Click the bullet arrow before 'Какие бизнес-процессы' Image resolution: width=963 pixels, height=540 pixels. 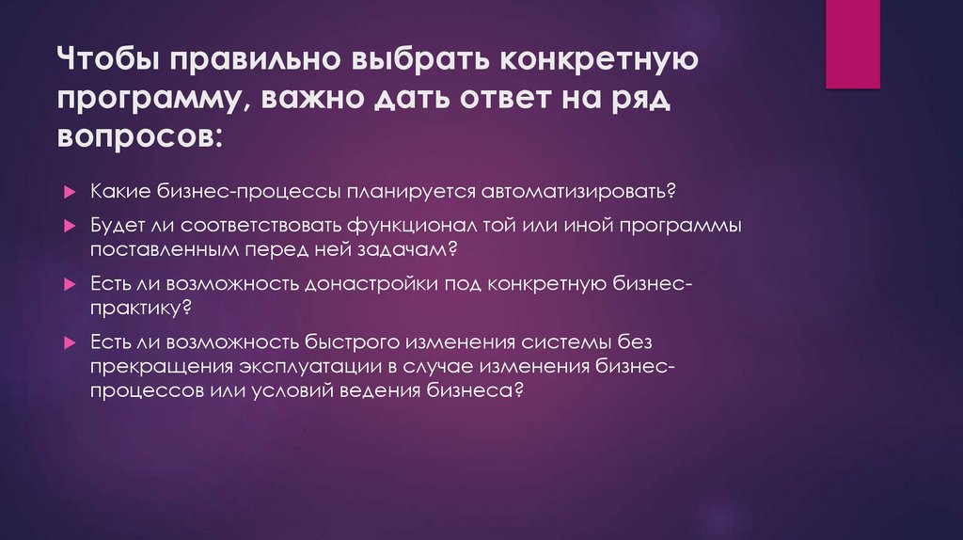pyautogui.click(x=70, y=192)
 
